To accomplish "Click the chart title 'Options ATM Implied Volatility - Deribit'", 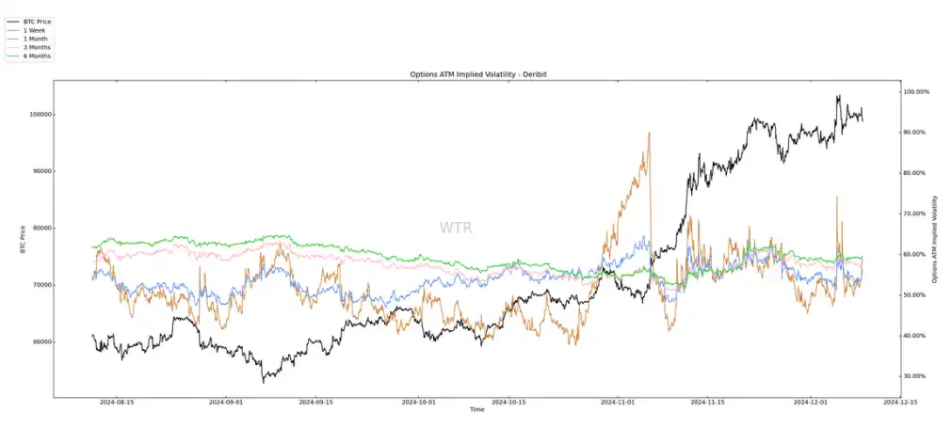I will click(x=477, y=73).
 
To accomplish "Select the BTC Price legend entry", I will click(x=37, y=20).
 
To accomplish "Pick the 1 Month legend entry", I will click(x=35, y=38).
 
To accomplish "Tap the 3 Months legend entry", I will click(x=37, y=47).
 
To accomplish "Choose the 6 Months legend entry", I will click(x=37, y=56).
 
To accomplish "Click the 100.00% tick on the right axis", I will click(x=917, y=91).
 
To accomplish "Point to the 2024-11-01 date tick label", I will click(x=617, y=402).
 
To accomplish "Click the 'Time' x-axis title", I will click(x=477, y=410).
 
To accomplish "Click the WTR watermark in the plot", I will click(x=456, y=228).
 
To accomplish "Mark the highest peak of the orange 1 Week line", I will click(x=650, y=134).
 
